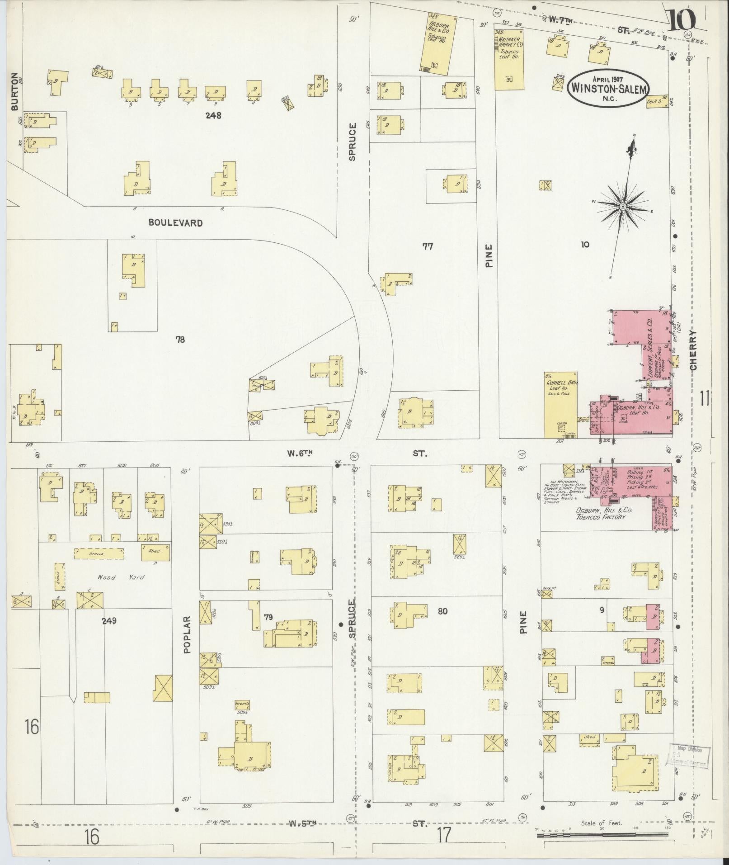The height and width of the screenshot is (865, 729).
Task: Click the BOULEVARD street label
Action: click(175, 222)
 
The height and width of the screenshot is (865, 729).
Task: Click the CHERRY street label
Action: click(693, 350)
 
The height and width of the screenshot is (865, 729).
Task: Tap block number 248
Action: click(213, 115)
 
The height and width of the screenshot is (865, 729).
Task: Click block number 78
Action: click(180, 340)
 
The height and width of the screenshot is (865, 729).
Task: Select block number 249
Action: click(109, 620)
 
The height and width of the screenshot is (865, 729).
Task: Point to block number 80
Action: click(442, 611)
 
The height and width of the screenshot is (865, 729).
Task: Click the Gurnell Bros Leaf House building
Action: click(561, 405)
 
